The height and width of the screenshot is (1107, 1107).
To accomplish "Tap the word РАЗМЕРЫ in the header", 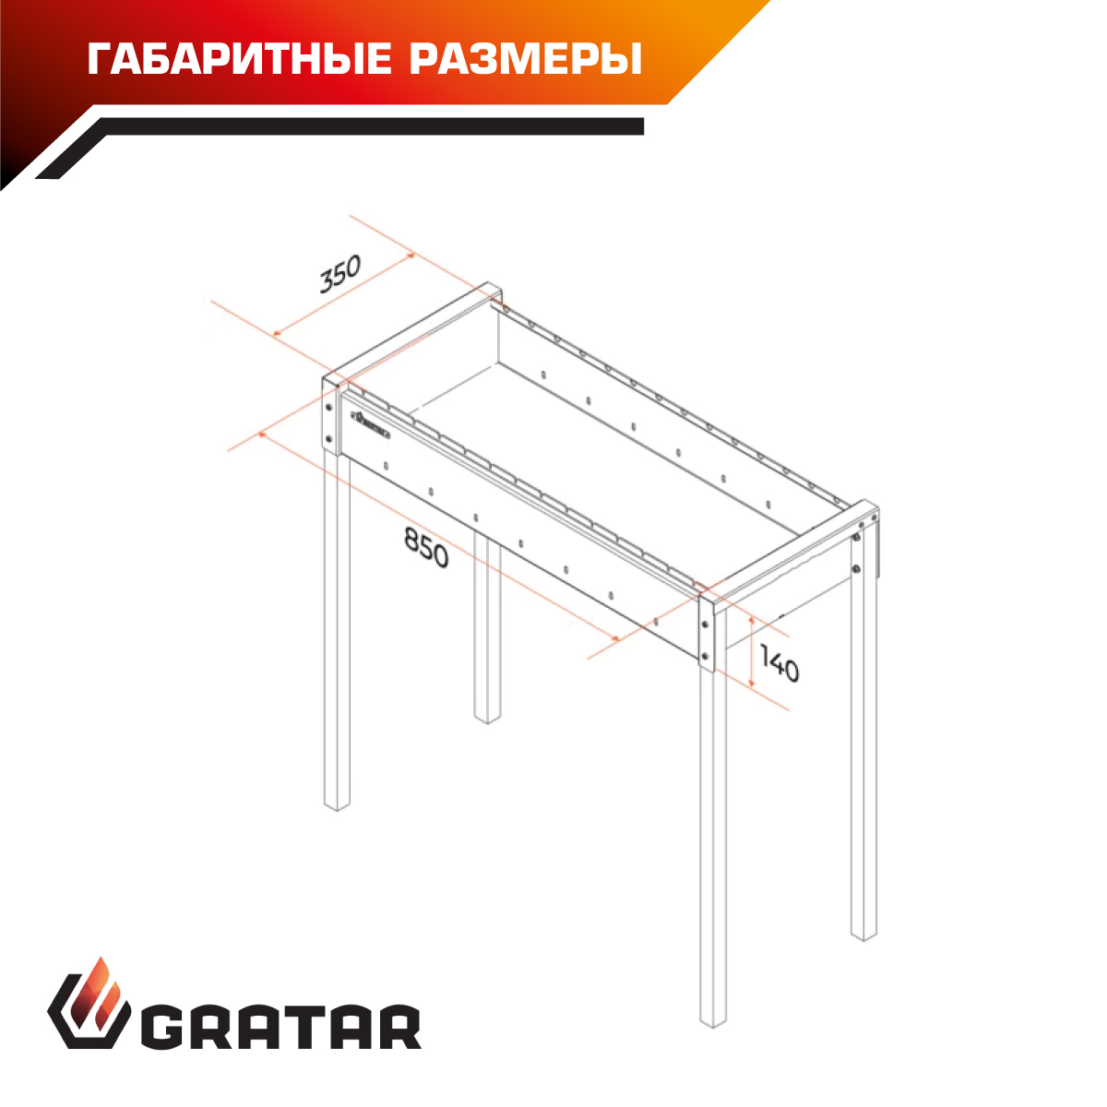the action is (526, 59).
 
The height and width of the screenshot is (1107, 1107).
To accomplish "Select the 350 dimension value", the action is (340, 273).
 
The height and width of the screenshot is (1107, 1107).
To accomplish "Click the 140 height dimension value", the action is (780, 662).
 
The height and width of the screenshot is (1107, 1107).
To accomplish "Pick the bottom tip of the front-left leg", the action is (338, 809).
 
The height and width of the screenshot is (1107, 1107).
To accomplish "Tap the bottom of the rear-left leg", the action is (487, 722).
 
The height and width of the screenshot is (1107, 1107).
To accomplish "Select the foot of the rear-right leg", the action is (864, 939).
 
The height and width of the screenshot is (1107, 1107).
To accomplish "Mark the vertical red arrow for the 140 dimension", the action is (752, 652).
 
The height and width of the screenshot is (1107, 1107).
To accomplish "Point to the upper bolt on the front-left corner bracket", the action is (328, 408).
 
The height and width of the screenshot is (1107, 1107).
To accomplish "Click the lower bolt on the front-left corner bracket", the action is (328, 439).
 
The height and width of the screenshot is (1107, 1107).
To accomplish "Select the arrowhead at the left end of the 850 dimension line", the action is (263, 435).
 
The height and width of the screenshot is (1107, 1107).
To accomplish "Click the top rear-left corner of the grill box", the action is (488, 282).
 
